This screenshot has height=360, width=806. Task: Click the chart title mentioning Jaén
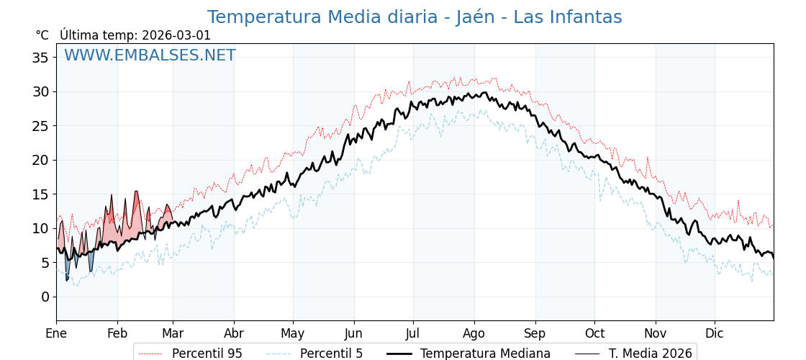414,17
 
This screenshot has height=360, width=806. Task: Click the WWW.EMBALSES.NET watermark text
150,55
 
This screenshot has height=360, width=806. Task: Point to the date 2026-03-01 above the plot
176,35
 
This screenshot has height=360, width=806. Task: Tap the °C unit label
42,35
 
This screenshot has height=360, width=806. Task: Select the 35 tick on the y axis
40,58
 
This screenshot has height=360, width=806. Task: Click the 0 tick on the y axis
45,297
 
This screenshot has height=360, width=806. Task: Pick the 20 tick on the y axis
40,160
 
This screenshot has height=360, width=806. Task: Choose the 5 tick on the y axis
45,263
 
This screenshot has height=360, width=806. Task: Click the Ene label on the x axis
56,333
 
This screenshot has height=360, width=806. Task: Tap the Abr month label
234,333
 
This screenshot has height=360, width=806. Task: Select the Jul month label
413,333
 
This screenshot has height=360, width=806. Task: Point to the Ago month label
474,333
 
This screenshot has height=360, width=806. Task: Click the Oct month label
594,333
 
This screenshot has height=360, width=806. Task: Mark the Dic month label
715,333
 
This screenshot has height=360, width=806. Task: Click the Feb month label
117,333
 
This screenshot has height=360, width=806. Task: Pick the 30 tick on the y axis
40,91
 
